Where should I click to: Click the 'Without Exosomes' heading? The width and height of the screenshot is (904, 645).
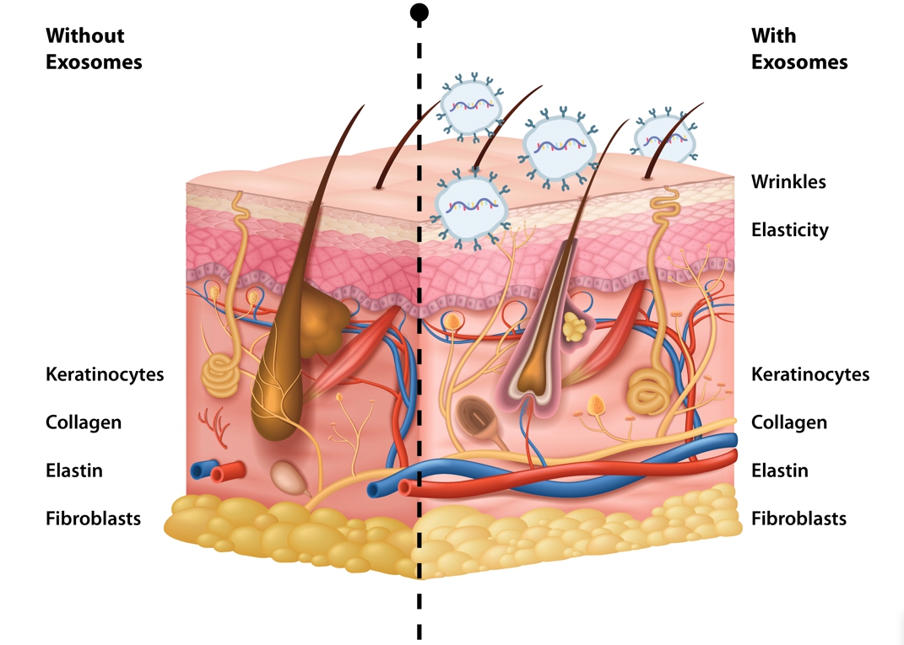coord(94,49)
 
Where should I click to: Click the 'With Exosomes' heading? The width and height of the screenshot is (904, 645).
coord(798,49)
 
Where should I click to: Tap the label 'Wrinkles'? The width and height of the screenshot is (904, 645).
coord(788,181)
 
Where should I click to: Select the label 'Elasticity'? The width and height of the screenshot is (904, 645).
coord(789,229)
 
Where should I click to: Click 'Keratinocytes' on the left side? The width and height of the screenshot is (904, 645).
coord(105,374)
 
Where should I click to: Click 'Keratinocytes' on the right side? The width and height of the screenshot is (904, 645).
coord(809,374)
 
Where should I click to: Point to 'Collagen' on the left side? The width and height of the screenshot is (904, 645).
coord(84,422)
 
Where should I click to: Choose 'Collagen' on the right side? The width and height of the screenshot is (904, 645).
coord(788,422)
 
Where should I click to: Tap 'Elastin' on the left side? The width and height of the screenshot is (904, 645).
coord(74,470)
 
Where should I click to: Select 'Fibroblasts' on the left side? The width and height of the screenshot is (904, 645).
coord(93,519)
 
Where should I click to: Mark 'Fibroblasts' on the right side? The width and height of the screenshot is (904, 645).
coord(798,519)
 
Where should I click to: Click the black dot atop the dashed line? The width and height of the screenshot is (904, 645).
coord(419,12)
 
